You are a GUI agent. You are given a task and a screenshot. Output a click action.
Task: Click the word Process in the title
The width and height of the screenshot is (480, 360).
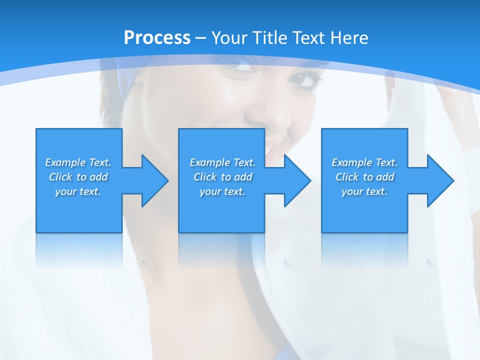coord(157,38)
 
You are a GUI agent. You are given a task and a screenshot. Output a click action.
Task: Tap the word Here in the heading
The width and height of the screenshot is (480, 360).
coord(348,38)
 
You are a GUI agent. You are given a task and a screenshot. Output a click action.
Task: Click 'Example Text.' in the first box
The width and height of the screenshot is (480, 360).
coord(78,162)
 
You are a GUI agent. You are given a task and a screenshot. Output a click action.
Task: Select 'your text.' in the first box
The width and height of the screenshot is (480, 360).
coord(78,191)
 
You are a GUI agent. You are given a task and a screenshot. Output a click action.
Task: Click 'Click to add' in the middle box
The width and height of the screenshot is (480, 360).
coord(222,177)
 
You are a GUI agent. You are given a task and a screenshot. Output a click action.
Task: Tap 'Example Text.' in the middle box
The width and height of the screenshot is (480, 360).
coord(222,162)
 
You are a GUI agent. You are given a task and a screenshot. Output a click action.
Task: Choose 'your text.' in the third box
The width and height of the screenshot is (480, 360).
coord(364,191)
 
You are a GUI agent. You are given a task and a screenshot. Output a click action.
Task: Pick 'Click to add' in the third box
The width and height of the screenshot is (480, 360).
coord(364,177)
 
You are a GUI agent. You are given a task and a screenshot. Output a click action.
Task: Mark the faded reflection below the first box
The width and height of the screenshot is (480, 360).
coord(79,250)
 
